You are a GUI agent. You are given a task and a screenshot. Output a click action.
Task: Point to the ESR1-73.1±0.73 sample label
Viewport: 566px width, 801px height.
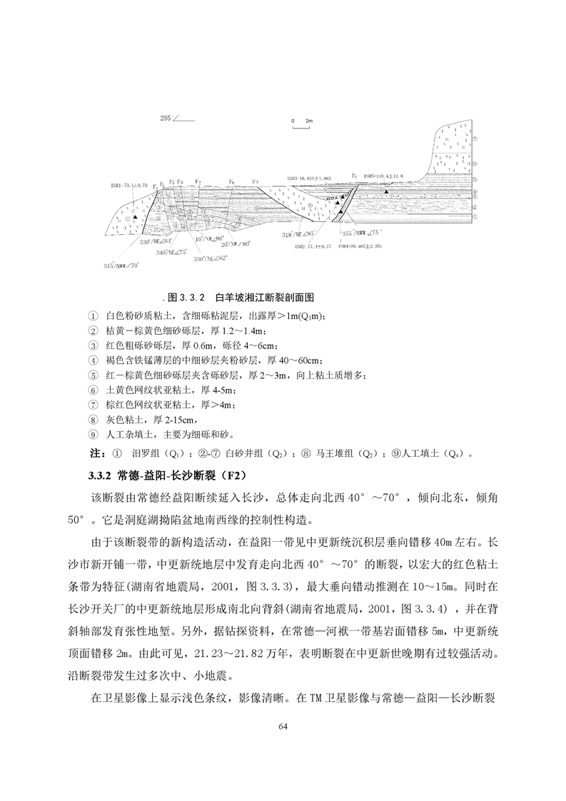click(130, 183)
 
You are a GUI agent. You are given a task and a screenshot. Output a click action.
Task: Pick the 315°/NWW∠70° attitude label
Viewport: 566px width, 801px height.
click(121, 266)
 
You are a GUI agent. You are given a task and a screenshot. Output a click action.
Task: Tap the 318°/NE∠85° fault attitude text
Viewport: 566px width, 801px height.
click(300, 233)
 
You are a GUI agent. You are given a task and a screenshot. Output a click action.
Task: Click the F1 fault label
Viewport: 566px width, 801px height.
click(354, 173)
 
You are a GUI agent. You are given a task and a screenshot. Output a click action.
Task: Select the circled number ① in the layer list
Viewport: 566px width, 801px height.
click(93, 316)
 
